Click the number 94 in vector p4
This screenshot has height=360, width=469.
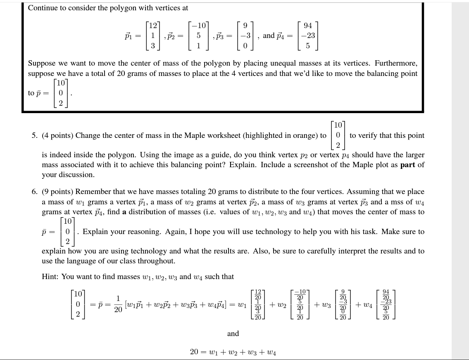pyautogui.click(x=308, y=26)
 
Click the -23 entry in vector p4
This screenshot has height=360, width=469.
pyautogui.click(x=308, y=36)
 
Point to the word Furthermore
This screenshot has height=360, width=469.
pyautogui.click(x=398, y=63)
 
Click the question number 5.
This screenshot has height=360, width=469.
pyautogui.click(x=34, y=135)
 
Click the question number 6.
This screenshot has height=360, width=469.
pyautogui.click(x=34, y=192)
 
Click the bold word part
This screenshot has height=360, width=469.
pyautogui.click(x=408, y=165)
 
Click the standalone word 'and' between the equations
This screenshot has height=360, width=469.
pyautogui.click(x=233, y=334)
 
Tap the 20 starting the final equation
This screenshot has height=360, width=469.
pyautogui.click(x=194, y=352)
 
